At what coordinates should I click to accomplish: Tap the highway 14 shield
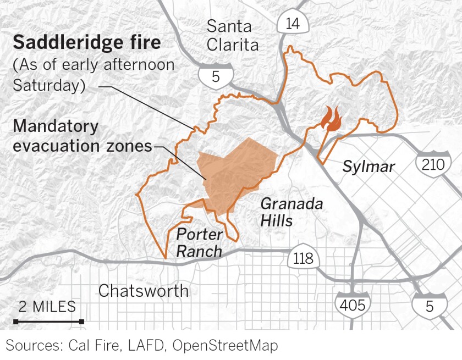(289, 24)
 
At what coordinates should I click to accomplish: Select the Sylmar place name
(368, 166)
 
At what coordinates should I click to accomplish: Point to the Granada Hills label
(291, 212)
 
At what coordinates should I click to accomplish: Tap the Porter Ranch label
(199, 242)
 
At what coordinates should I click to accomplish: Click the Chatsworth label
(143, 291)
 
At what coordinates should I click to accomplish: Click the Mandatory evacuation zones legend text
(82, 136)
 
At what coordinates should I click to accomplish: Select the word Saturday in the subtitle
(48, 86)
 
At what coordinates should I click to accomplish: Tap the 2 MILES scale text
(47, 307)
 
